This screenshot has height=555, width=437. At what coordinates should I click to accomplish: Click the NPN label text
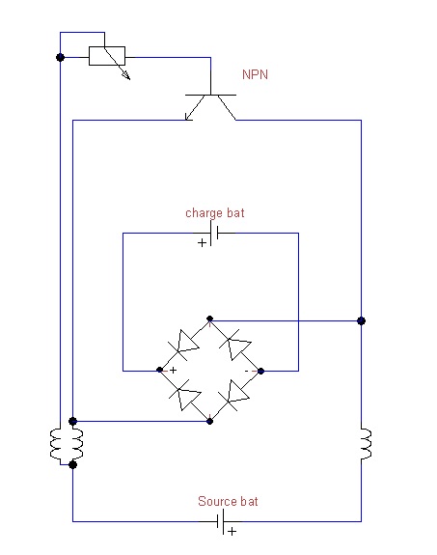255,74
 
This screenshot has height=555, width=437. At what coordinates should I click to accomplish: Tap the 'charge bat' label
215,213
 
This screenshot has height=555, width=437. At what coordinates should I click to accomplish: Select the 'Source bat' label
228,501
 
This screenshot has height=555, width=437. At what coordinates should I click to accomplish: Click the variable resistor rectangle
107,56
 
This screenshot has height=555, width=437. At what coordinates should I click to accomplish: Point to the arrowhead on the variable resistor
126,75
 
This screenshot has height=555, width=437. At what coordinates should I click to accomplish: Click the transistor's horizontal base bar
210,95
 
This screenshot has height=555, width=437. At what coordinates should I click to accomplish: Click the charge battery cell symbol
214,233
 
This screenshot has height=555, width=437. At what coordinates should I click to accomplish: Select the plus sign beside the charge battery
202,243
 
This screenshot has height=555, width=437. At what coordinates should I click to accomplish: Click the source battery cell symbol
221,521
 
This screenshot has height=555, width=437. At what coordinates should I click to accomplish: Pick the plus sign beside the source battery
232,531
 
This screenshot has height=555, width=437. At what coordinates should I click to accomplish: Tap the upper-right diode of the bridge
235,345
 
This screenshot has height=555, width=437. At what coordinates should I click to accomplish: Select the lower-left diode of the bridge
185,395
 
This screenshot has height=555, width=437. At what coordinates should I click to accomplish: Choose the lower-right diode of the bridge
233,396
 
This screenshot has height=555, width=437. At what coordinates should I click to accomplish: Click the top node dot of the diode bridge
210,319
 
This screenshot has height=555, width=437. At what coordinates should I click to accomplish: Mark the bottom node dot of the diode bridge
210,421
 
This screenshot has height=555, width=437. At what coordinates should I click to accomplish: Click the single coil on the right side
366,444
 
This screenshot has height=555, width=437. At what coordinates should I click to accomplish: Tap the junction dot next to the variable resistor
60,57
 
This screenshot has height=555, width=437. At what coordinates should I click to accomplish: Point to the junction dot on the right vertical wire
362,320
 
